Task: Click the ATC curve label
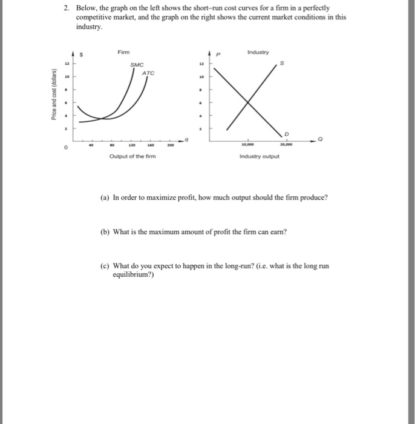point(148,73)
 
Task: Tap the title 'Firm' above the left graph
point(123,52)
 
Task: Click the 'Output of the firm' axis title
point(132,157)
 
